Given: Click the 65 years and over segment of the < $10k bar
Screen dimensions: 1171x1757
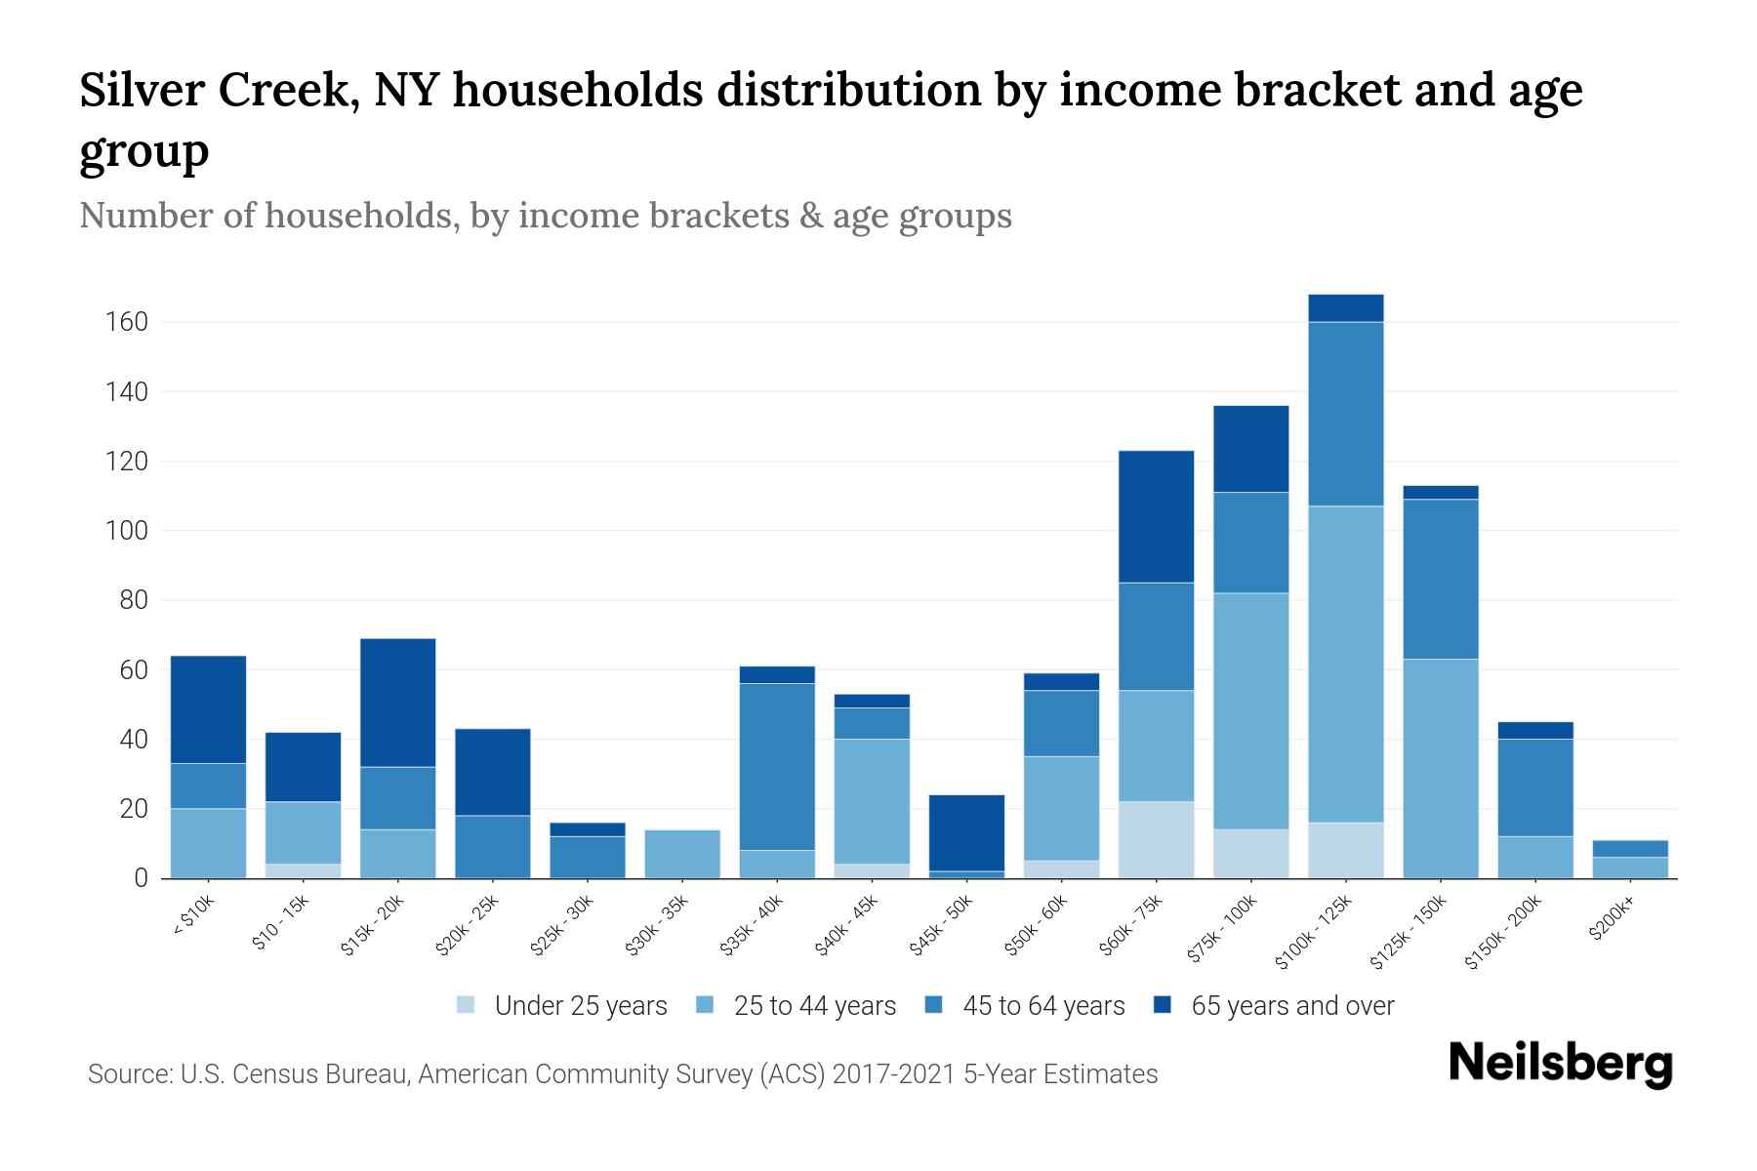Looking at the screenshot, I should coord(208,709).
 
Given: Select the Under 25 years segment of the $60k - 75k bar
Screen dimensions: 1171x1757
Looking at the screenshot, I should coord(1156,839).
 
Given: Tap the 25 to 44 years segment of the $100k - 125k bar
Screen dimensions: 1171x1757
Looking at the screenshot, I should coord(1345,664).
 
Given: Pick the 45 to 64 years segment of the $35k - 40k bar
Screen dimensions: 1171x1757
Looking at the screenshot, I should coord(777,766).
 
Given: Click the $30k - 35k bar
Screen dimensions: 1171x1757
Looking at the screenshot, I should coord(682,854).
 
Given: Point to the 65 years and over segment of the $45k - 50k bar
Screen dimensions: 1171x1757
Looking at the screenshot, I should coord(966,832).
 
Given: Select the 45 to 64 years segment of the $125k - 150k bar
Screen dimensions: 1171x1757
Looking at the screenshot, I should coord(1440,579).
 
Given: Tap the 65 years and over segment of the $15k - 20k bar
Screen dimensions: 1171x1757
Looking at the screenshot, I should coord(397,703).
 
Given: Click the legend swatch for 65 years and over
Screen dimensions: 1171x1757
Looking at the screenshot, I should coord(1163,1005).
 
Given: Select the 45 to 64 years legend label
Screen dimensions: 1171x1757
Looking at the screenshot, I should coord(1042,1006).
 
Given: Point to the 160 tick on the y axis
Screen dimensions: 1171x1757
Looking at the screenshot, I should coord(126,322).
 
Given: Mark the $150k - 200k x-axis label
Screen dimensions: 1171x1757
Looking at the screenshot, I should coord(1504,933).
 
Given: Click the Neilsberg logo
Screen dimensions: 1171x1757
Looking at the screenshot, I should coord(1560,1063).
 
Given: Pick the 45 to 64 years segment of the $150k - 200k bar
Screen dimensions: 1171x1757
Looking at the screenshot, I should coord(1534,787).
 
